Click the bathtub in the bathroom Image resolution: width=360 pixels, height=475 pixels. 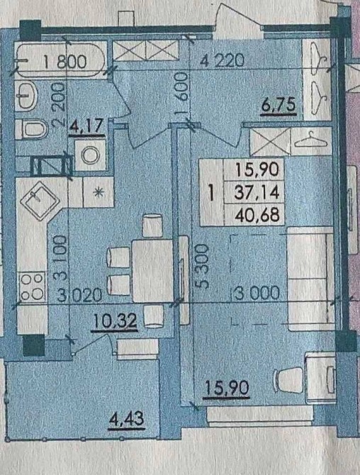pos(61,60)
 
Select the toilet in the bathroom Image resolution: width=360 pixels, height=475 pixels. pos(31,129)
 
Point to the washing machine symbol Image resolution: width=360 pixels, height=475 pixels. pos(91,155)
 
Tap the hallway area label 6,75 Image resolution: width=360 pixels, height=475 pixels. pos(279,106)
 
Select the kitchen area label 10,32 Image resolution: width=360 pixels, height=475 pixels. pos(115,321)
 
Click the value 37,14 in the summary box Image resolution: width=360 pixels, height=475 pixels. pos(257,192)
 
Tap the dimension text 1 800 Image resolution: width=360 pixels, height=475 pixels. pos(65,62)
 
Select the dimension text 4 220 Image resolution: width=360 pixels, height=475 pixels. pos(223,62)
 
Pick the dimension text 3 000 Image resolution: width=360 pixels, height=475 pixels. pos(257,294)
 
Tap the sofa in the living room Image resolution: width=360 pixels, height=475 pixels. pos(311,279)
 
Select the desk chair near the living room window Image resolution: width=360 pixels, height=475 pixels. pos(288,380)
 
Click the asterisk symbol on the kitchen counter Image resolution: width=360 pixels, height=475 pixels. pos(98,193)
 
